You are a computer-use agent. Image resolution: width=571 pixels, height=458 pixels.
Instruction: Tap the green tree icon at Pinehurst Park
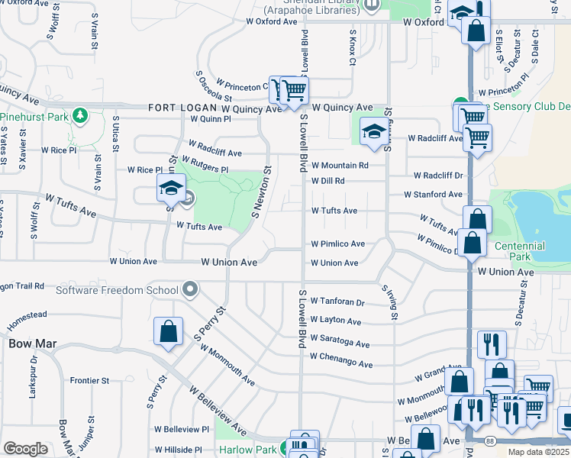(79, 117)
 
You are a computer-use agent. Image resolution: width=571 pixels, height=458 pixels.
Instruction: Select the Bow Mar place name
(28, 343)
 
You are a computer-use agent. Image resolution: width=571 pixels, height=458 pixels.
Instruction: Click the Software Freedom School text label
(117, 289)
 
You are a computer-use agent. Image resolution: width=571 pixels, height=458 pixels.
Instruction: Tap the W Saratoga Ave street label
(340, 344)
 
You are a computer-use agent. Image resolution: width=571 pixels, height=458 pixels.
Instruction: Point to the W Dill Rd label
(327, 181)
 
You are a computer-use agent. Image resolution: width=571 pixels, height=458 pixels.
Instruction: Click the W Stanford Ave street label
(433, 195)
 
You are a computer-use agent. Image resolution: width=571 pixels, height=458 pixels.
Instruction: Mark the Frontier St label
(89, 380)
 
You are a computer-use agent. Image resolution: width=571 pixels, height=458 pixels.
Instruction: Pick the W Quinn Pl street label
(211, 119)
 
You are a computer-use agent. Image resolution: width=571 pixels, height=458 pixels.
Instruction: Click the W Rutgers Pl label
(204, 163)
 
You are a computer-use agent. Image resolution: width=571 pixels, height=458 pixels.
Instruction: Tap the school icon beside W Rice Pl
(171, 187)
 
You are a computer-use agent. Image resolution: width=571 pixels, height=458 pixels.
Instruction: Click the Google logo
(26, 449)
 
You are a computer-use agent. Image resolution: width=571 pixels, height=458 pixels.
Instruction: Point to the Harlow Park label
(247, 450)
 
